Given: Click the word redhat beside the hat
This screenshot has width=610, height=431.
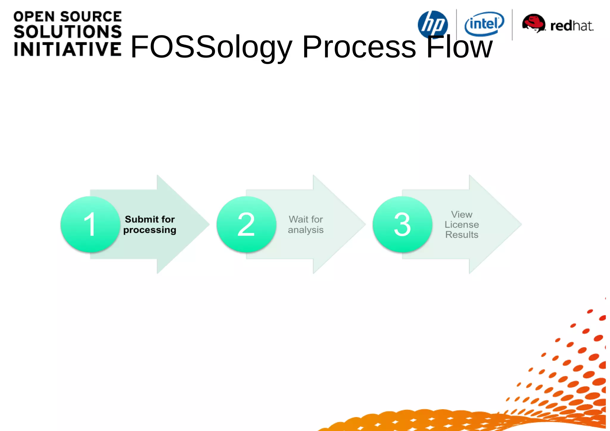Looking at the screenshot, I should point(572,26).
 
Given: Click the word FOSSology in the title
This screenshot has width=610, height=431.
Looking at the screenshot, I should point(211,47).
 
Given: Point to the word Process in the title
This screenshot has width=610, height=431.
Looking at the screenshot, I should point(359,47).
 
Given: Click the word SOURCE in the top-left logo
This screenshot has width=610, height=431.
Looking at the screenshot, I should point(91,17).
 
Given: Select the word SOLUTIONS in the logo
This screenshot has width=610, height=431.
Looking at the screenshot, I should point(68,32).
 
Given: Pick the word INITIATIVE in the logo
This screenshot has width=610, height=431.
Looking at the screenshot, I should point(68,49).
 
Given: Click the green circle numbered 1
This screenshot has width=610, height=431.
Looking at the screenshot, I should point(90,224).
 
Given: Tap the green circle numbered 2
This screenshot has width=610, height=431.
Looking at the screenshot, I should point(246,224).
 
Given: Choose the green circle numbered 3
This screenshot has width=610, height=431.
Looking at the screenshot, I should point(402,224).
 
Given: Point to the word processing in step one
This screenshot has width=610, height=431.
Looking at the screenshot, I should point(150,230).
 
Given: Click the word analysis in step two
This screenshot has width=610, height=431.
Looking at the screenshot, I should point(306,230).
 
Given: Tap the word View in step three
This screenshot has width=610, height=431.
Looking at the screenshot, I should point(462,214).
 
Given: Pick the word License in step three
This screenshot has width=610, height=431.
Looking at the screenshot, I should point(462,225).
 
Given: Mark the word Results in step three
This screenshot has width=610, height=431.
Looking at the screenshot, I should point(462,235).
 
